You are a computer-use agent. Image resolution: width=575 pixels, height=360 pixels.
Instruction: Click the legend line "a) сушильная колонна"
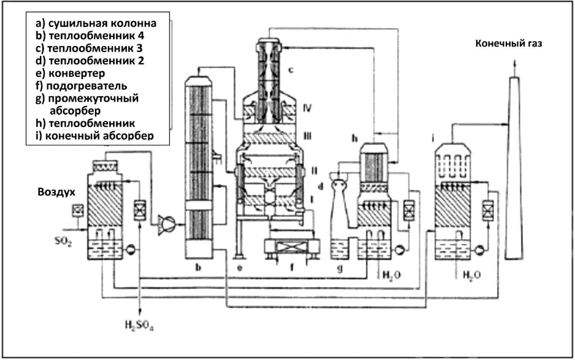pyautogui.click(x=96, y=23)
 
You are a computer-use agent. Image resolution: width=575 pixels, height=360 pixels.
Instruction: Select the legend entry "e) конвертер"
pyautogui.click(x=70, y=74)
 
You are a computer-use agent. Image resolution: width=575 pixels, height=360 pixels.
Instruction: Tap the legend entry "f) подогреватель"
pyautogui.click(x=82, y=86)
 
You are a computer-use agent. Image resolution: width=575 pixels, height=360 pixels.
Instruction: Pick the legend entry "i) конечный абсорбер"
pyautogui.click(x=95, y=136)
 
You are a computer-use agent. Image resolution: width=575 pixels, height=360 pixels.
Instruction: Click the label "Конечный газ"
pyautogui.click(x=509, y=44)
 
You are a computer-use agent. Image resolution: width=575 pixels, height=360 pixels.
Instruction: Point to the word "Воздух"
pyautogui.click(x=56, y=193)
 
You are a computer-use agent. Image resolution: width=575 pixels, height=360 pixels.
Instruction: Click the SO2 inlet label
pyautogui.click(x=63, y=242)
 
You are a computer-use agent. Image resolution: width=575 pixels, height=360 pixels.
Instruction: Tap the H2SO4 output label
pyautogui.click(x=139, y=325)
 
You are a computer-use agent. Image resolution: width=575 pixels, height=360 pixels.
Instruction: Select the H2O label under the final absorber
pyautogui.click(x=471, y=275)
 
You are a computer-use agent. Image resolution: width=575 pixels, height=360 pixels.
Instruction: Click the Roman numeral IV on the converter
pyautogui.click(x=307, y=108)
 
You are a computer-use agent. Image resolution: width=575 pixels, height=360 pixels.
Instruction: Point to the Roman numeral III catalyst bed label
pyautogui.click(x=307, y=136)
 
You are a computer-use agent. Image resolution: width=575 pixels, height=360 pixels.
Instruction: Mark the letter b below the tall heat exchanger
pyautogui.click(x=198, y=267)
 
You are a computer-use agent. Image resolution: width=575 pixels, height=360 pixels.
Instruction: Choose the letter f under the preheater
pyautogui.click(x=292, y=267)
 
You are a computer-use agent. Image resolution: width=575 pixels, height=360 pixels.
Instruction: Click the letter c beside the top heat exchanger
pyautogui.click(x=290, y=70)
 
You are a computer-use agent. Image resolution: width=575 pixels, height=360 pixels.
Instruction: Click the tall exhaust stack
pyautogui.click(x=514, y=168)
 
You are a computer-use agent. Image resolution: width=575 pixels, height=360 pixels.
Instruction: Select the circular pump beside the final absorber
pyautogui.click(x=479, y=250)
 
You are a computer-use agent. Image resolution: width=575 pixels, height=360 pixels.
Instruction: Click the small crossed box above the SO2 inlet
pyautogui.click(x=79, y=210)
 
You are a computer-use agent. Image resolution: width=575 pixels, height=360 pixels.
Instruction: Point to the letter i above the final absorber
pyautogui.click(x=433, y=139)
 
